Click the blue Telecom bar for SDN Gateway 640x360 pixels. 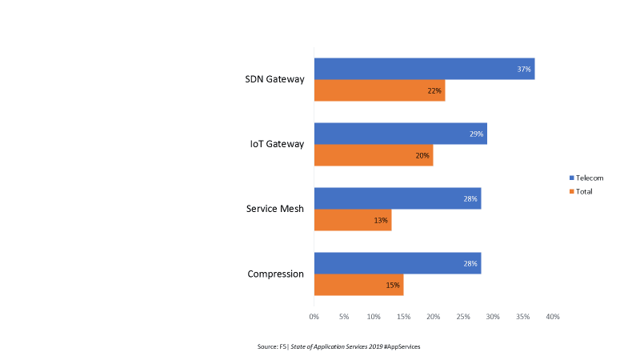tap(424, 69)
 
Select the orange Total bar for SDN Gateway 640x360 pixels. tap(379, 90)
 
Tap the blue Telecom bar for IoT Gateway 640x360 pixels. tap(400, 134)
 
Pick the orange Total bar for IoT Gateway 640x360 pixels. tap(373, 155)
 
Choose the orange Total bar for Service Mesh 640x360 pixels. tap(352, 220)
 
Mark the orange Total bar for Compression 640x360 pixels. tap(358, 285)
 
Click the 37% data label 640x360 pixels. tap(524, 70)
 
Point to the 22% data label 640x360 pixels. tap(434, 91)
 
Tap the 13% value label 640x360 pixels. tap(381, 220)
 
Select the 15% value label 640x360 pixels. tap(393, 285)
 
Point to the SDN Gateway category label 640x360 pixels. tap(274, 79)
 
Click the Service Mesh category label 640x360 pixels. tap(276, 209)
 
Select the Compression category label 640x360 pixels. tap(276, 274)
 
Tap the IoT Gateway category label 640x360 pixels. tap(277, 144)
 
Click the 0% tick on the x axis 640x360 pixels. tap(314, 318)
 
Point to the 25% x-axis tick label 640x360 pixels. tap(463, 318)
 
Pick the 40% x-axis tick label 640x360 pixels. tap(553, 318)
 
